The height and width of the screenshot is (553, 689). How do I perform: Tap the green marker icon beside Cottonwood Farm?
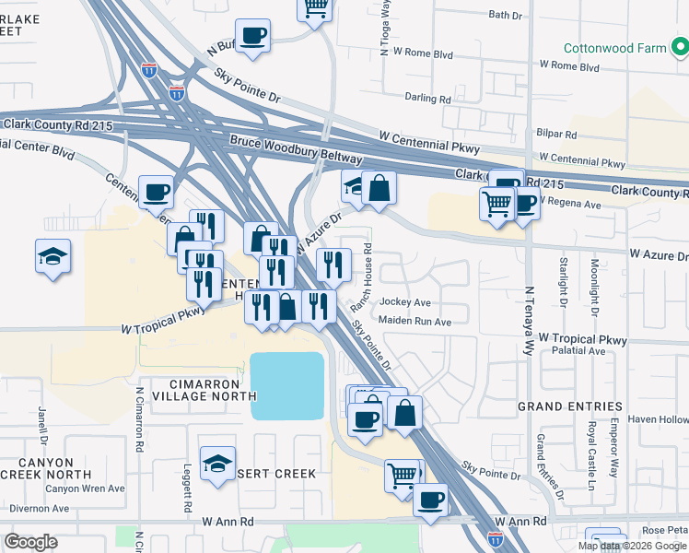(x=679, y=44)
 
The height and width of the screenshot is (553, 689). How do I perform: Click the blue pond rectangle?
(x=287, y=386)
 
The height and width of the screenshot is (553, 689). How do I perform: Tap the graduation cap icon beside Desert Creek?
(x=217, y=465)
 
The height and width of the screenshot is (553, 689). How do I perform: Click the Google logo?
(x=30, y=542)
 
